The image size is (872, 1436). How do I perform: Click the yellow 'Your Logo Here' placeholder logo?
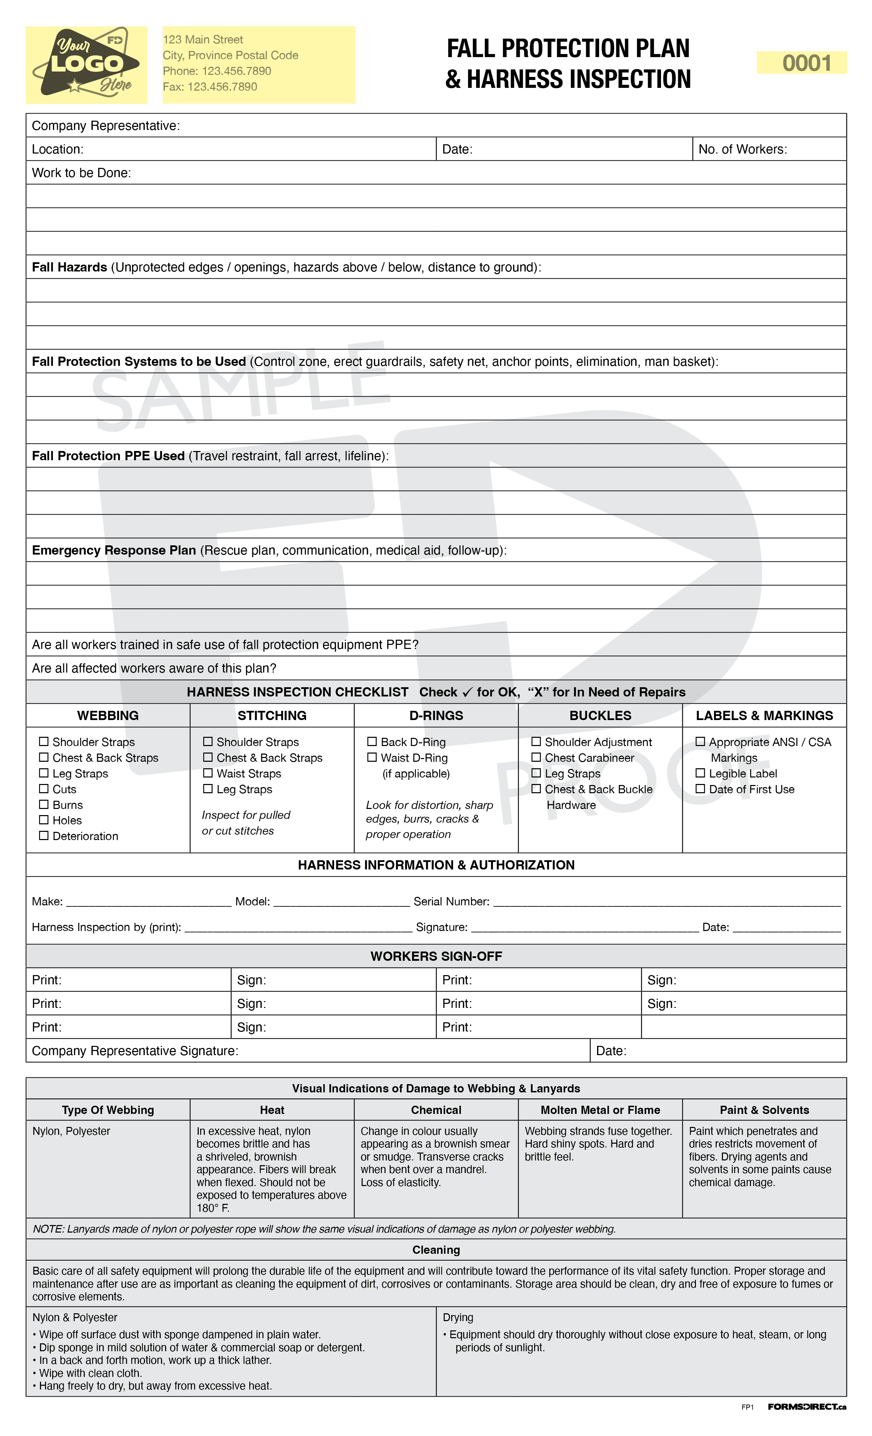pyautogui.click(x=86, y=65)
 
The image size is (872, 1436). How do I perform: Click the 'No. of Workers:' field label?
pyautogui.click(x=742, y=149)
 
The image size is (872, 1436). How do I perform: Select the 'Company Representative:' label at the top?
pyautogui.click(x=106, y=126)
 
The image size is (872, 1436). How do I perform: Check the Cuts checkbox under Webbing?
pyautogui.click(x=44, y=788)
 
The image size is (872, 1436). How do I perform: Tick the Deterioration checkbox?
pyautogui.click(x=44, y=835)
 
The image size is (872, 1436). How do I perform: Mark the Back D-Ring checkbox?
pyautogui.click(x=372, y=741)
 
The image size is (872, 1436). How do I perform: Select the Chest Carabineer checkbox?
pyautogui.click(x=536, y=757)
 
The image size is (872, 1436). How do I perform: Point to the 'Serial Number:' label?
pyautogui.click(x=451, y=901)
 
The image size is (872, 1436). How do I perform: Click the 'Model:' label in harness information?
pyautogui.click(x=252, y=901)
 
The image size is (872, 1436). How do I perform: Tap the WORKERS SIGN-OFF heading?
pyautogui.click(x=436, y=956)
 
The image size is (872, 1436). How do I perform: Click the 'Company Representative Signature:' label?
pyautogui.click(x=135, y=1050)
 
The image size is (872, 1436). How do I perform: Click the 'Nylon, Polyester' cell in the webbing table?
pyautogui.click(x=71, y=1131)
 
